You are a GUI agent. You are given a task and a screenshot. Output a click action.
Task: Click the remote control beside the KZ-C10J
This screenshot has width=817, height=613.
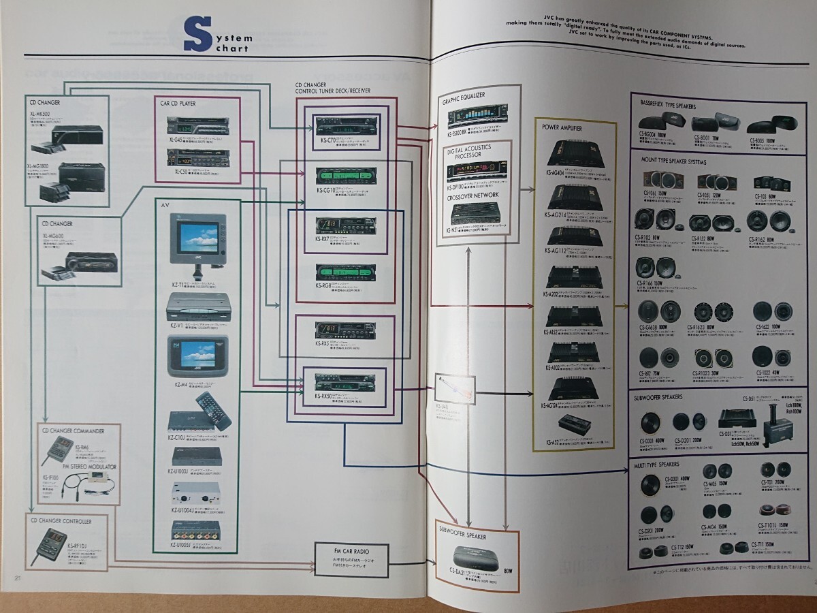[210, 411]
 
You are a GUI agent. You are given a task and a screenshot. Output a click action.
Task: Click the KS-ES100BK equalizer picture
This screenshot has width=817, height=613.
[477, 119]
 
